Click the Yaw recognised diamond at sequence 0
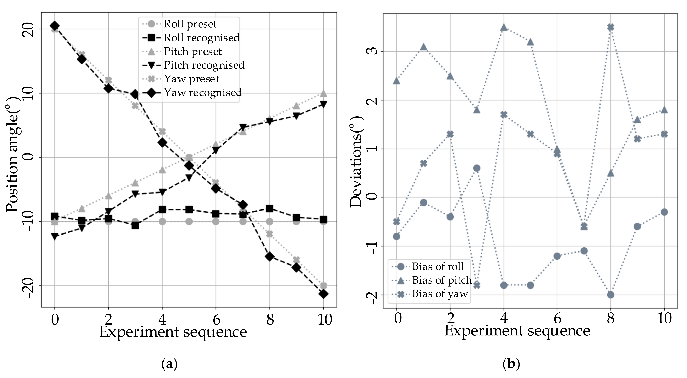[x=55, y=26]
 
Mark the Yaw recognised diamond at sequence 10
[x=323, y=294]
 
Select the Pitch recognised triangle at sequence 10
[x=323, y=104]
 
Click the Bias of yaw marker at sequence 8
[x=611, y=27]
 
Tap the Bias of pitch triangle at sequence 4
[x=504, y=27]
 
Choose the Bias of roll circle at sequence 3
[x=477, y=168]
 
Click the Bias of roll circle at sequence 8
[x=611, y=295]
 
